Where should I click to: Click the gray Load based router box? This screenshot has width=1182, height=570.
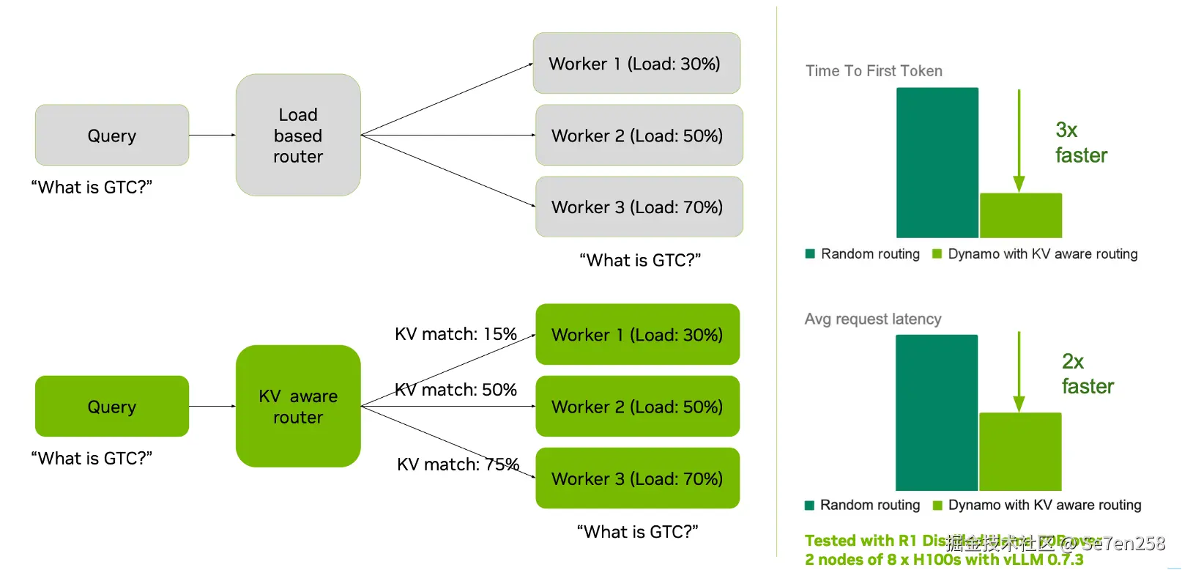(x=298, y=135)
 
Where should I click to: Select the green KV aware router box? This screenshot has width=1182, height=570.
(x=298, y=406)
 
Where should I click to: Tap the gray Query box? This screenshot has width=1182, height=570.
(x=112, y=135)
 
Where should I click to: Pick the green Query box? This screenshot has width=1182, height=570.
(x=112, y=406)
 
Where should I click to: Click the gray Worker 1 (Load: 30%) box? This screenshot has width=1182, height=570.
(x=636, y=63)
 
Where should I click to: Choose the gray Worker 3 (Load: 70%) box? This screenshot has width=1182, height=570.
(x=639, y=207)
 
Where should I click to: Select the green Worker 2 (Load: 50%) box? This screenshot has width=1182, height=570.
(x=637, y=406)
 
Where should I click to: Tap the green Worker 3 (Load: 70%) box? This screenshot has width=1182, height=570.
(x=637, y=478)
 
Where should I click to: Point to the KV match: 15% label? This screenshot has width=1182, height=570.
(x=456, y=334)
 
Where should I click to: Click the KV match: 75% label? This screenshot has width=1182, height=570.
(x=458, y=464)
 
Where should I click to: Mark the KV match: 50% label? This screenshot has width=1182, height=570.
(x=456, y=390)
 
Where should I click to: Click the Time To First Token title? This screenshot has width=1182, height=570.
(x=874, y=71)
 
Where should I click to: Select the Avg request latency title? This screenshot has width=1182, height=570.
(x=873, y=319)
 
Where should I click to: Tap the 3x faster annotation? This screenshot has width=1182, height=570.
(x=1080, y=143)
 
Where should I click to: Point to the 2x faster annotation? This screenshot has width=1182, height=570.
(x=1087, y=374)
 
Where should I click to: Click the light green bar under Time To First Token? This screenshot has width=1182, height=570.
(x=1021, y=215)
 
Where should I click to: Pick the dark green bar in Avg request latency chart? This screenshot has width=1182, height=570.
(x=937, y=412)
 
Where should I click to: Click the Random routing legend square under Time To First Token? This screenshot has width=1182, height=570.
(x=810, y=253)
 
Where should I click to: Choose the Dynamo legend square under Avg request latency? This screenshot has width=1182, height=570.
(x=937, y=505)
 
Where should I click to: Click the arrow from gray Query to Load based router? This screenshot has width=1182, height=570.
(x=212, y=135)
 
